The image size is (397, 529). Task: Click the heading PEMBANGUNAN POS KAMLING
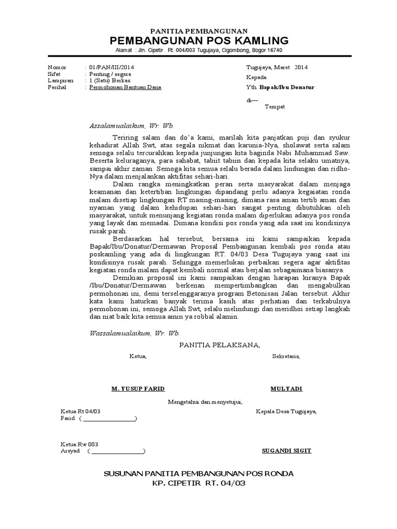(198, 41)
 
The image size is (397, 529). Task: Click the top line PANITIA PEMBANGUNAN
(198, 32)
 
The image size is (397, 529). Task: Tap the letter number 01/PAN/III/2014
(112, 67)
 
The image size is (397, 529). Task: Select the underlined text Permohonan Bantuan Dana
(126, 87)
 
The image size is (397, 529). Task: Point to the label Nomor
(57, 67)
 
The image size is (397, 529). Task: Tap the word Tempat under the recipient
(274, 106)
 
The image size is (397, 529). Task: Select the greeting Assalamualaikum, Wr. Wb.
(132, 126)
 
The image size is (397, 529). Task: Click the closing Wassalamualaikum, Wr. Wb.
(135, 334)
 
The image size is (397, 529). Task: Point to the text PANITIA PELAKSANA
(220, 345)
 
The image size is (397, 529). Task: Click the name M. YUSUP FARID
(138, 388)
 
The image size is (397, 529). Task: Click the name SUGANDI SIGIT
(286, 450)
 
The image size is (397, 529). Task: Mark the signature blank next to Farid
(109, 419)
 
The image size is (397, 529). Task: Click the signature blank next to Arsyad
(117, 451)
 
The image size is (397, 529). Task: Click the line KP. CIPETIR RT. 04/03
(198, 484)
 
